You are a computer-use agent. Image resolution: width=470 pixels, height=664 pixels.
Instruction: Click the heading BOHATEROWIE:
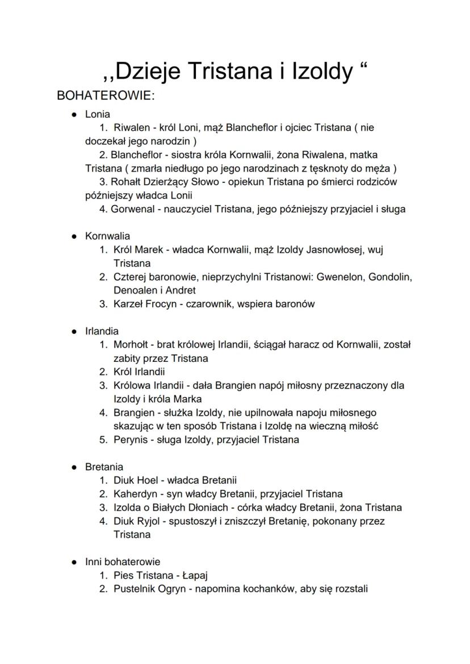(105, 95)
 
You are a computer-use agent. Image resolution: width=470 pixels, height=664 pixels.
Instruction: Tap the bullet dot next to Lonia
(74, 114)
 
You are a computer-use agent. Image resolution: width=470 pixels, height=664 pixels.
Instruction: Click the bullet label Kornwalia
(107, 236)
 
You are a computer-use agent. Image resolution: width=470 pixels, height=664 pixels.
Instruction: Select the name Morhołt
(131, 345)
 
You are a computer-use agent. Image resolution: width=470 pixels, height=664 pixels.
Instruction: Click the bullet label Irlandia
(102, 331)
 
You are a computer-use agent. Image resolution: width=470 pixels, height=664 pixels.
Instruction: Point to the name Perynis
(130, 440)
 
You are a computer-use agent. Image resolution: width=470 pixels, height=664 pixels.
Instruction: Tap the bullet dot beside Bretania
(74, 467)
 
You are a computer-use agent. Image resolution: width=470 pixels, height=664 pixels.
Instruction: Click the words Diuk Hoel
(136, 480)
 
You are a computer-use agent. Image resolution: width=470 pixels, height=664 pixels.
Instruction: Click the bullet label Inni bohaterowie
(123, 562)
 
